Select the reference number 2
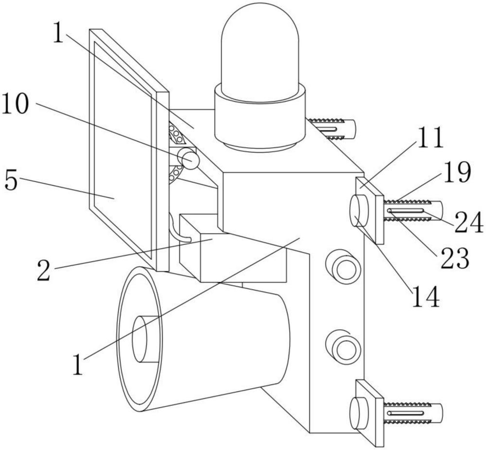(43, 270)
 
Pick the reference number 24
(469, 222)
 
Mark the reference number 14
(426, 296)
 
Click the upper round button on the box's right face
(343, 266)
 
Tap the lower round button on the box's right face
(343, 347)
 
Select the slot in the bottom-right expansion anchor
(405, 413)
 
